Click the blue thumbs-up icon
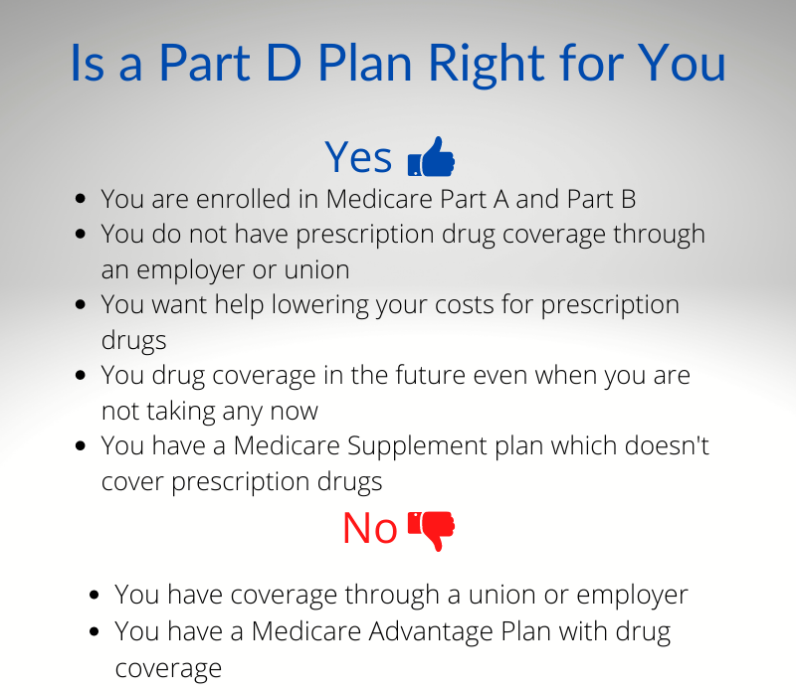click(x=431, y=157)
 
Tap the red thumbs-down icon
click(x=431, y=531)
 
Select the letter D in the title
click(x=284, y=63)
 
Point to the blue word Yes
click(x=358, y=157)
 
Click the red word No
click(x=370, y=529)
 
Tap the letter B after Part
click(x=629, y=200)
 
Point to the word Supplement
click(x=417, y=446)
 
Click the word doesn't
click(x=667, y=445)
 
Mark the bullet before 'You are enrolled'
click(x=81, y=198)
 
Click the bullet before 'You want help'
click(x=81, y=304)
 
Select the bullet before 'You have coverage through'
click(x=94, y=595)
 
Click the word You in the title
click(x=682, y=63)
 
